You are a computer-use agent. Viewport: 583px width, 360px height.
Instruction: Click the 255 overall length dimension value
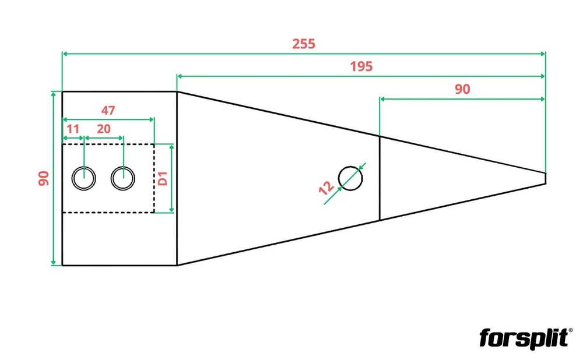[303, 44]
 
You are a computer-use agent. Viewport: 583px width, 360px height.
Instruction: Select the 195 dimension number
[361, 66]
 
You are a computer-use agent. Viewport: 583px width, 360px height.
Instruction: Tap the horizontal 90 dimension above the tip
[462, 89]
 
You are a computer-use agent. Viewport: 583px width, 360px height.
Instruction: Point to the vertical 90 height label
[44, 178]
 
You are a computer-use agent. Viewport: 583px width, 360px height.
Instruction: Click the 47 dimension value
[108, 110]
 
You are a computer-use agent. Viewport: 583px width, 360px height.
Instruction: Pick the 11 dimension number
[73, 129]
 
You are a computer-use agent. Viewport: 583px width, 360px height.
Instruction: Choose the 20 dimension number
[104, 129]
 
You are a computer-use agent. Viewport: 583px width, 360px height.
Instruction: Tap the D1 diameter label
[163, 179]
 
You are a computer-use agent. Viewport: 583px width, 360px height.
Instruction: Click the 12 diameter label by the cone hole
[326, 188]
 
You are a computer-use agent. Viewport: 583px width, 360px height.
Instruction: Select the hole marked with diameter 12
[350, 178]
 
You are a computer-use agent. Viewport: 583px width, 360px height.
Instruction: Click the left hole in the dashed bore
[83, 178]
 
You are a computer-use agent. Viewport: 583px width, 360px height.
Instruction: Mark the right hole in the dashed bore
[122, 178]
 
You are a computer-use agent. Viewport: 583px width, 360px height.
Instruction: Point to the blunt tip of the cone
[546, 178]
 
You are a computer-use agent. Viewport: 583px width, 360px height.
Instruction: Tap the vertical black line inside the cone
[380, 178]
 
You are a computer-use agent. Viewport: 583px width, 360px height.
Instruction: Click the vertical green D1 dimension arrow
[171, 179]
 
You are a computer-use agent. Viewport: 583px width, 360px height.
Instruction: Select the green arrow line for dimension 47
[108, 119]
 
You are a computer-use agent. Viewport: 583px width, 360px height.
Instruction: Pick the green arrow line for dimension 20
[104, 138]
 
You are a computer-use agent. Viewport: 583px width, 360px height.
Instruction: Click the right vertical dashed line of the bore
[154, 178]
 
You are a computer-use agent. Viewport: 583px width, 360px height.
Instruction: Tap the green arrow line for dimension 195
[361, 76]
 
